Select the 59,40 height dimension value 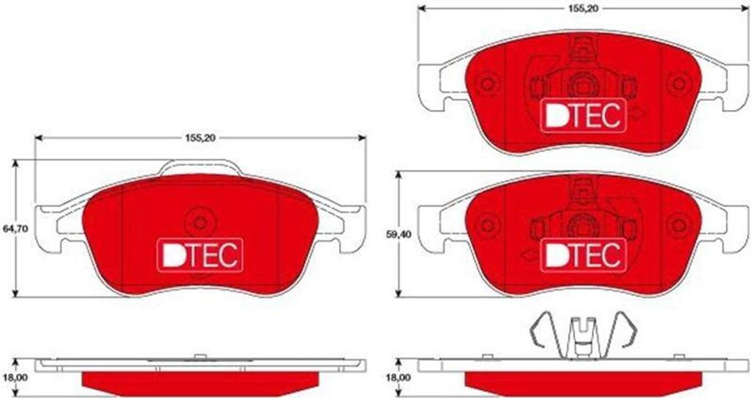[397, 235]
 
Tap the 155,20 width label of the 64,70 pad [200, 138]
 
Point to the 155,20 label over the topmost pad [583, 9]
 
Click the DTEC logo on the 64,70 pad [199, 255]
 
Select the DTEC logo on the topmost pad [583, 115]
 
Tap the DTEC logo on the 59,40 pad [583, 255]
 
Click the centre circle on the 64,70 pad [200, 223]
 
